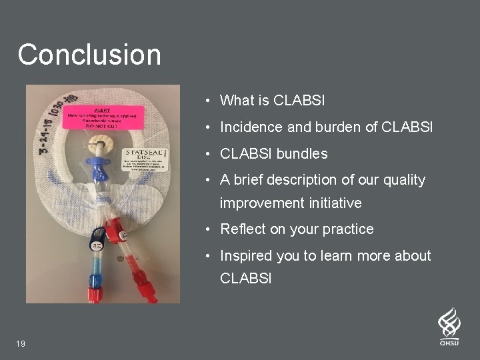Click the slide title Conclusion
click(x=89, y=55)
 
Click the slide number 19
click(x=22, y=343)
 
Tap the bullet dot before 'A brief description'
click(x=209, y=180)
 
